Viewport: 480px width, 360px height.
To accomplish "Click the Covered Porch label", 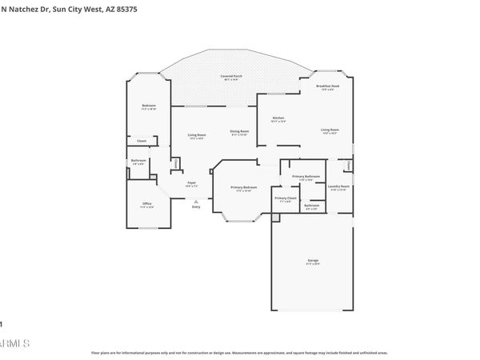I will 233,76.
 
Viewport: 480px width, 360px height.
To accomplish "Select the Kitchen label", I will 278,118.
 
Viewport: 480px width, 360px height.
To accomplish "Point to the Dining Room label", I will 239,131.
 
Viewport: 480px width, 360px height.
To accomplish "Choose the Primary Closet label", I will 286,198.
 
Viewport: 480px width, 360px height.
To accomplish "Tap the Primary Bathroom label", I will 306,176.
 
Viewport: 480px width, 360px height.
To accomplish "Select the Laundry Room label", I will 339,186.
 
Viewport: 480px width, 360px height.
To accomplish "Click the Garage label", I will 313,261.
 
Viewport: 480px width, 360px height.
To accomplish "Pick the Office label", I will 147,204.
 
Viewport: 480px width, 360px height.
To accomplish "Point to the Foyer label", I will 192,183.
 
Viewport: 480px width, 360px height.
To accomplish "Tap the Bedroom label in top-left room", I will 149,106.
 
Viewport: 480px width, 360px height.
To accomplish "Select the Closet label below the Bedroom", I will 141,141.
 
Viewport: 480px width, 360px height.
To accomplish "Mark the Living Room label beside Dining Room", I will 197,134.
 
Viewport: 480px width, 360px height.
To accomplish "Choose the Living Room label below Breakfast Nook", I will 330,130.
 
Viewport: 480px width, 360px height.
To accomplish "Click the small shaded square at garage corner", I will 276,216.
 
